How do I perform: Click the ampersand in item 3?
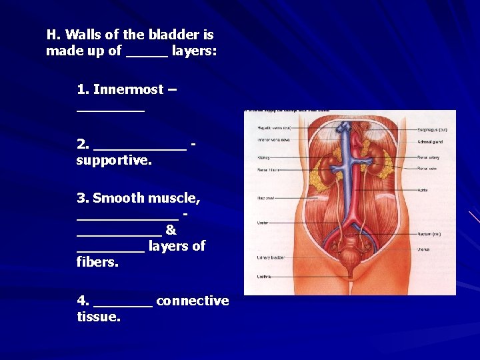pyautogui.click(x=171, y=230)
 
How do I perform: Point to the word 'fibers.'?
pyautogui.click(x=97, y=262)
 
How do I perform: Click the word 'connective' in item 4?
pyautogui.click(x=193, y=301)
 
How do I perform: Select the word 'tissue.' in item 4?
pyautogui.click(x=99, y=317)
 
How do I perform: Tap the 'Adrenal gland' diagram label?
pyautogui.click(x=429, y=141)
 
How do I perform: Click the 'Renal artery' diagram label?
pyautogui.click(x=428, y=158)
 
